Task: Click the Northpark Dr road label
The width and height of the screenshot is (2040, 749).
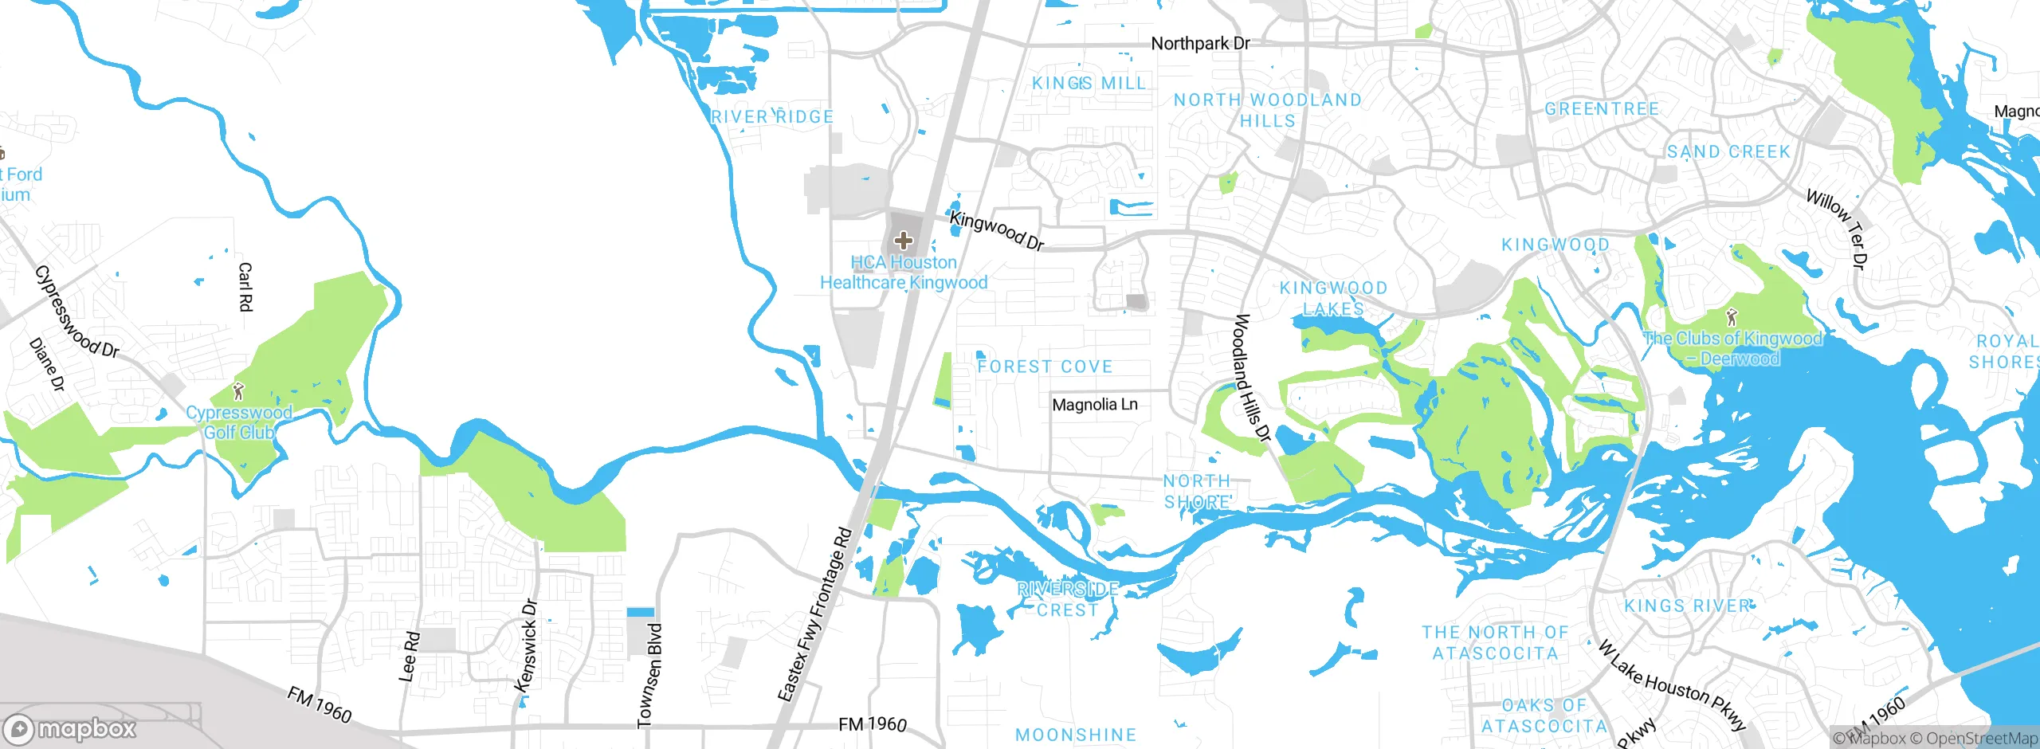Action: point(1200,44)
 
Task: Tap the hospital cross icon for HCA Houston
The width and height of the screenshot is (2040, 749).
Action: point(903,240)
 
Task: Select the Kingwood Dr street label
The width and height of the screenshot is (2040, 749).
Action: point(997,231)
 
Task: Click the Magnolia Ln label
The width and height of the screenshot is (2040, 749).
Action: point(1094,405)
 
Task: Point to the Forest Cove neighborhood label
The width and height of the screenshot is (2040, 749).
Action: point(1045,367)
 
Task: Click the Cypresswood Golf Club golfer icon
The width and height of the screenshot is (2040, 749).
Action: point(237,391)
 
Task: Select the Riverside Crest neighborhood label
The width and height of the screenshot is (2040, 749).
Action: point(1068,599)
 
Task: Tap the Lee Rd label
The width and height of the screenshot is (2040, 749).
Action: point(409,657)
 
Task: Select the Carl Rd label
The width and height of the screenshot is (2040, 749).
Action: point(245,287)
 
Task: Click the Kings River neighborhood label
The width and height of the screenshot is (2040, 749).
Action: point(1689,606)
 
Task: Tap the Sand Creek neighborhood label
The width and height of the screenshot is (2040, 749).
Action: point(1728,151)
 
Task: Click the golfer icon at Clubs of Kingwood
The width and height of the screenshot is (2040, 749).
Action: point(1731,317)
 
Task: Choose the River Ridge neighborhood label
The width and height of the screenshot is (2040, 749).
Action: point(772,117)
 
